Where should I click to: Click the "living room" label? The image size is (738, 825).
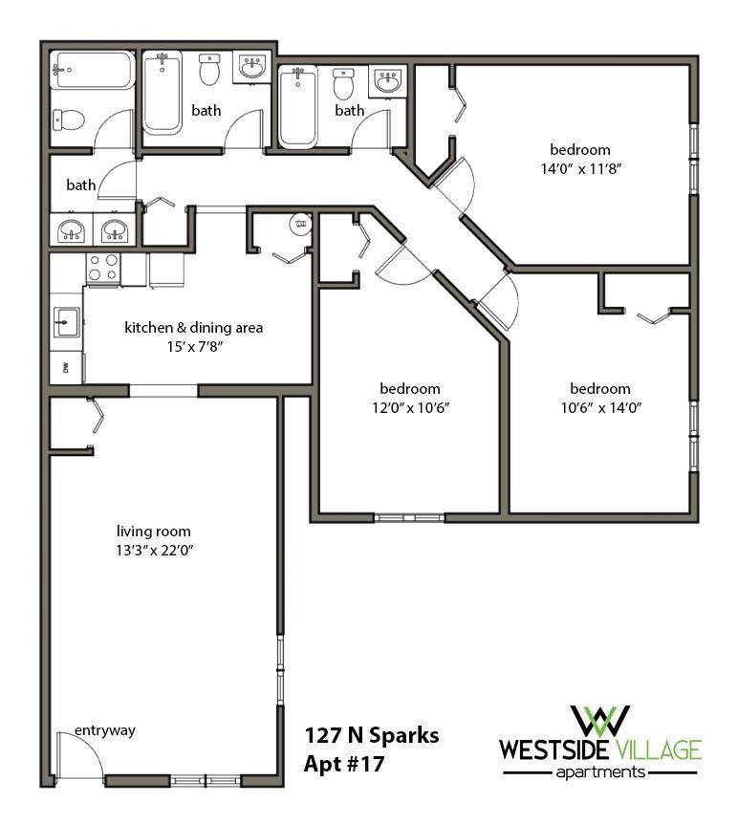pos(153,532)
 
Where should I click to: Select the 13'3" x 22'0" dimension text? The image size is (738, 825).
pos(153,550)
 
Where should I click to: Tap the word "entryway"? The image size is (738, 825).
pos(105,731)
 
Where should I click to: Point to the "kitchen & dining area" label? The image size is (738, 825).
pos(193,328)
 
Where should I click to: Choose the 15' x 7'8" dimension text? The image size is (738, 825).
pos(193,346)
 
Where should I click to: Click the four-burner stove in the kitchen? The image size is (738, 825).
pos(103,269)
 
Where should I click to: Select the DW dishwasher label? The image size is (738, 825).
pos(65,367)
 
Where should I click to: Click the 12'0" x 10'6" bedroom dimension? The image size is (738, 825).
pos(409,406)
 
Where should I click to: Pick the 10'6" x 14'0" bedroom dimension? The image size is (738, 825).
pos(599,406)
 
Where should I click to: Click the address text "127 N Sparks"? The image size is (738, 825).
pos(372,736)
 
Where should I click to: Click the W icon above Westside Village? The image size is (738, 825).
pos(600,721)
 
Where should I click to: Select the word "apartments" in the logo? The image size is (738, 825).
pos(601,771)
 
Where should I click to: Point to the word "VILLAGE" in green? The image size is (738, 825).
pos(658,749)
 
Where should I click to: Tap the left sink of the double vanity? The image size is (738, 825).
pos(70,231)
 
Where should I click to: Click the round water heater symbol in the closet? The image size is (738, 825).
pos(301,226)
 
